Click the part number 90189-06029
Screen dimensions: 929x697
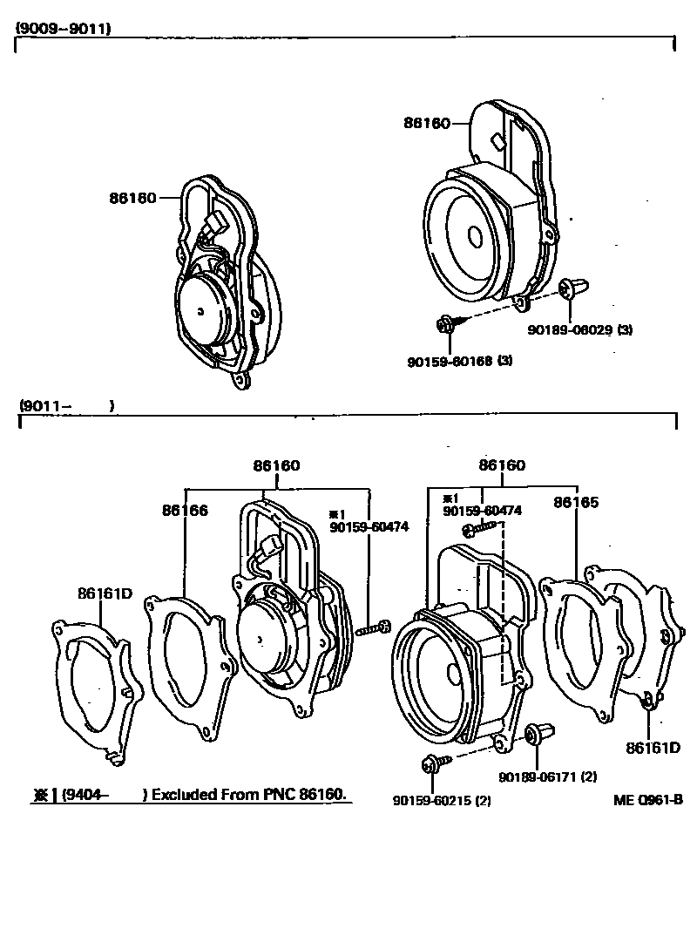569,330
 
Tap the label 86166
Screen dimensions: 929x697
184,510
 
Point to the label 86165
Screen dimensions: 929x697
577,503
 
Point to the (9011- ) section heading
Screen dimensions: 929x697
66,406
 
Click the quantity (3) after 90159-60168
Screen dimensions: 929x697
504,361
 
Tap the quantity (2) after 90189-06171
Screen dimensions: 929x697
589,776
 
